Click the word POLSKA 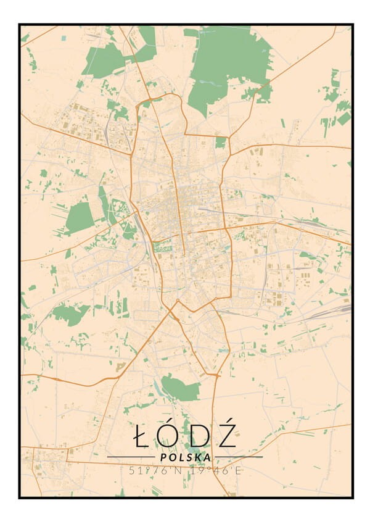(x=184, y=457)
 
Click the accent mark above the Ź (x=228, y=420)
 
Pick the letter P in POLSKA (x=162, y=457)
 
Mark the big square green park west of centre (x=79, y=218)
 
